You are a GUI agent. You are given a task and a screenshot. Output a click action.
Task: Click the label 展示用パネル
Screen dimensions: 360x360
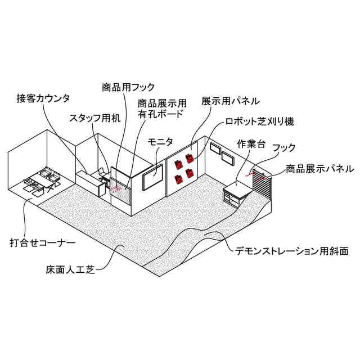click(x=230, y=101)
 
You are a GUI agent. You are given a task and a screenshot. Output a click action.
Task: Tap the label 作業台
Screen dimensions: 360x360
click(x=250, y=142)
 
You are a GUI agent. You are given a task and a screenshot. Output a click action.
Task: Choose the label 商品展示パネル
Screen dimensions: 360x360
click(x=319, y=168)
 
